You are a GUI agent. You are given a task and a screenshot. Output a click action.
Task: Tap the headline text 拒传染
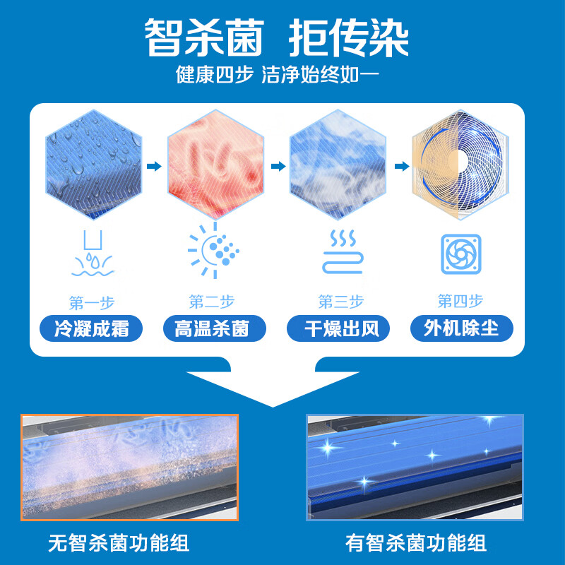tap(349, 37)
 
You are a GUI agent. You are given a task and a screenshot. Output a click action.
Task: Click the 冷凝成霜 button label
tap(92, 328)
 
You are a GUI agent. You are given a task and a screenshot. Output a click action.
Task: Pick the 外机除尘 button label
tap(461, 328)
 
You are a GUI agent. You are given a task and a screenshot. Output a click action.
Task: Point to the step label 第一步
tap(92, 303)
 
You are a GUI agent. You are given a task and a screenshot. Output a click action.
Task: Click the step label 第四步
tap(460, 302)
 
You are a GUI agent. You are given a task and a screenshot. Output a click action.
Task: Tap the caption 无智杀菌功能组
tap(119, 543)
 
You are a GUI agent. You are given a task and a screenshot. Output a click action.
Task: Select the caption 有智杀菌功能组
tap(416, 543)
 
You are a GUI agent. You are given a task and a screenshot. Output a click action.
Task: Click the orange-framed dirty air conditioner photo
tap(129, 466)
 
